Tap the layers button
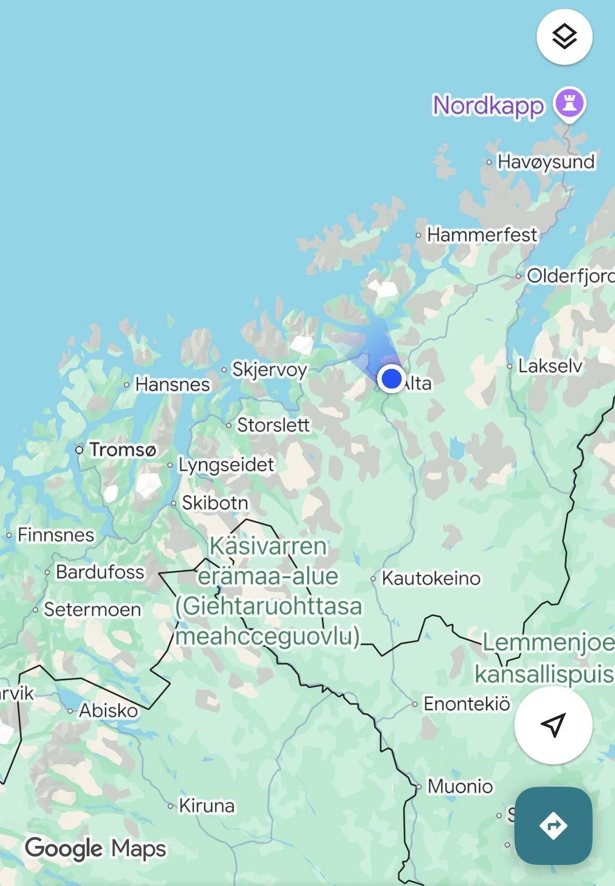564,37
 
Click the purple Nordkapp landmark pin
569,104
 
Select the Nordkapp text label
488,106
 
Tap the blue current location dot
391,378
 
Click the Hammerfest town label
482,235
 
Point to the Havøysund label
546,162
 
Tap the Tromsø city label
123,450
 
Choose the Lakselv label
550,366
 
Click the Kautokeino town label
431,578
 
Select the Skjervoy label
270,369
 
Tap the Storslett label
273,425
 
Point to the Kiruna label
207,806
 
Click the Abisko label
109,711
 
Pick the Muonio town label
460,786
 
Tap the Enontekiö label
466,704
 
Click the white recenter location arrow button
553,725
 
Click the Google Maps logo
96,849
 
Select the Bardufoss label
100,572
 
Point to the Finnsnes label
56,535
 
